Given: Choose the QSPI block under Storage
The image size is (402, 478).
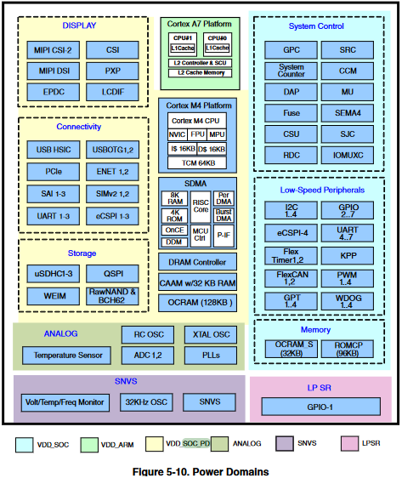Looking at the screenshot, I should click(x=113, y=274).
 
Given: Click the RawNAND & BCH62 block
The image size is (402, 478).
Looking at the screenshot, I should click(x=113, y=296).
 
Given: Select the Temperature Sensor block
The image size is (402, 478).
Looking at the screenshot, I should click(x=67, y=355).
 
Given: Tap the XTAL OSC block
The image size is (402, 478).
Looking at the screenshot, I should click(x=209, y=334).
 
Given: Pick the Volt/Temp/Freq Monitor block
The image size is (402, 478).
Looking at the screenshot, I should click(x=65, y=402).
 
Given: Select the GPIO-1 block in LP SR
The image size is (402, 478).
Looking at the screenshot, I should click(x=320, y=407).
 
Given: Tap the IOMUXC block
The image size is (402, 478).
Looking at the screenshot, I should click(x=347, y=156).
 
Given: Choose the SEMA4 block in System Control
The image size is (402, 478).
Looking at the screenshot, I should click(x=347, y=112).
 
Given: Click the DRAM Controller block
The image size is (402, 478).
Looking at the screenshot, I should click(x=198, y=263).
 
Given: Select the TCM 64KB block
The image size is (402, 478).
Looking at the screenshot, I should click(x=198, y=163).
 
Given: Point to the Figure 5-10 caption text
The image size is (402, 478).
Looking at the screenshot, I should click(x=201, y=470).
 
